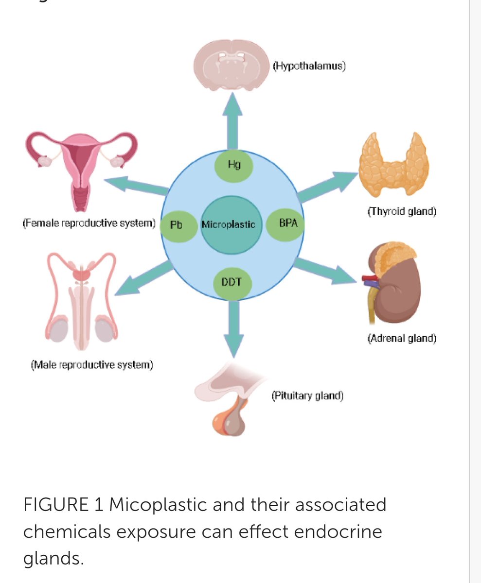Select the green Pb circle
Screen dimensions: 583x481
[x=176, y=225]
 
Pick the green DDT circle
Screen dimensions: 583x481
[x=232, y=282]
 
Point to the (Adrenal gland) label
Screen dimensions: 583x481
[x=402, y=338]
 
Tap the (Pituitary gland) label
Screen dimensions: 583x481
[x=307, y=396]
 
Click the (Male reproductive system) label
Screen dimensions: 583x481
[x=92, y=364]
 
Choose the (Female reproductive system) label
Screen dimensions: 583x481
[x=89, y=224]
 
